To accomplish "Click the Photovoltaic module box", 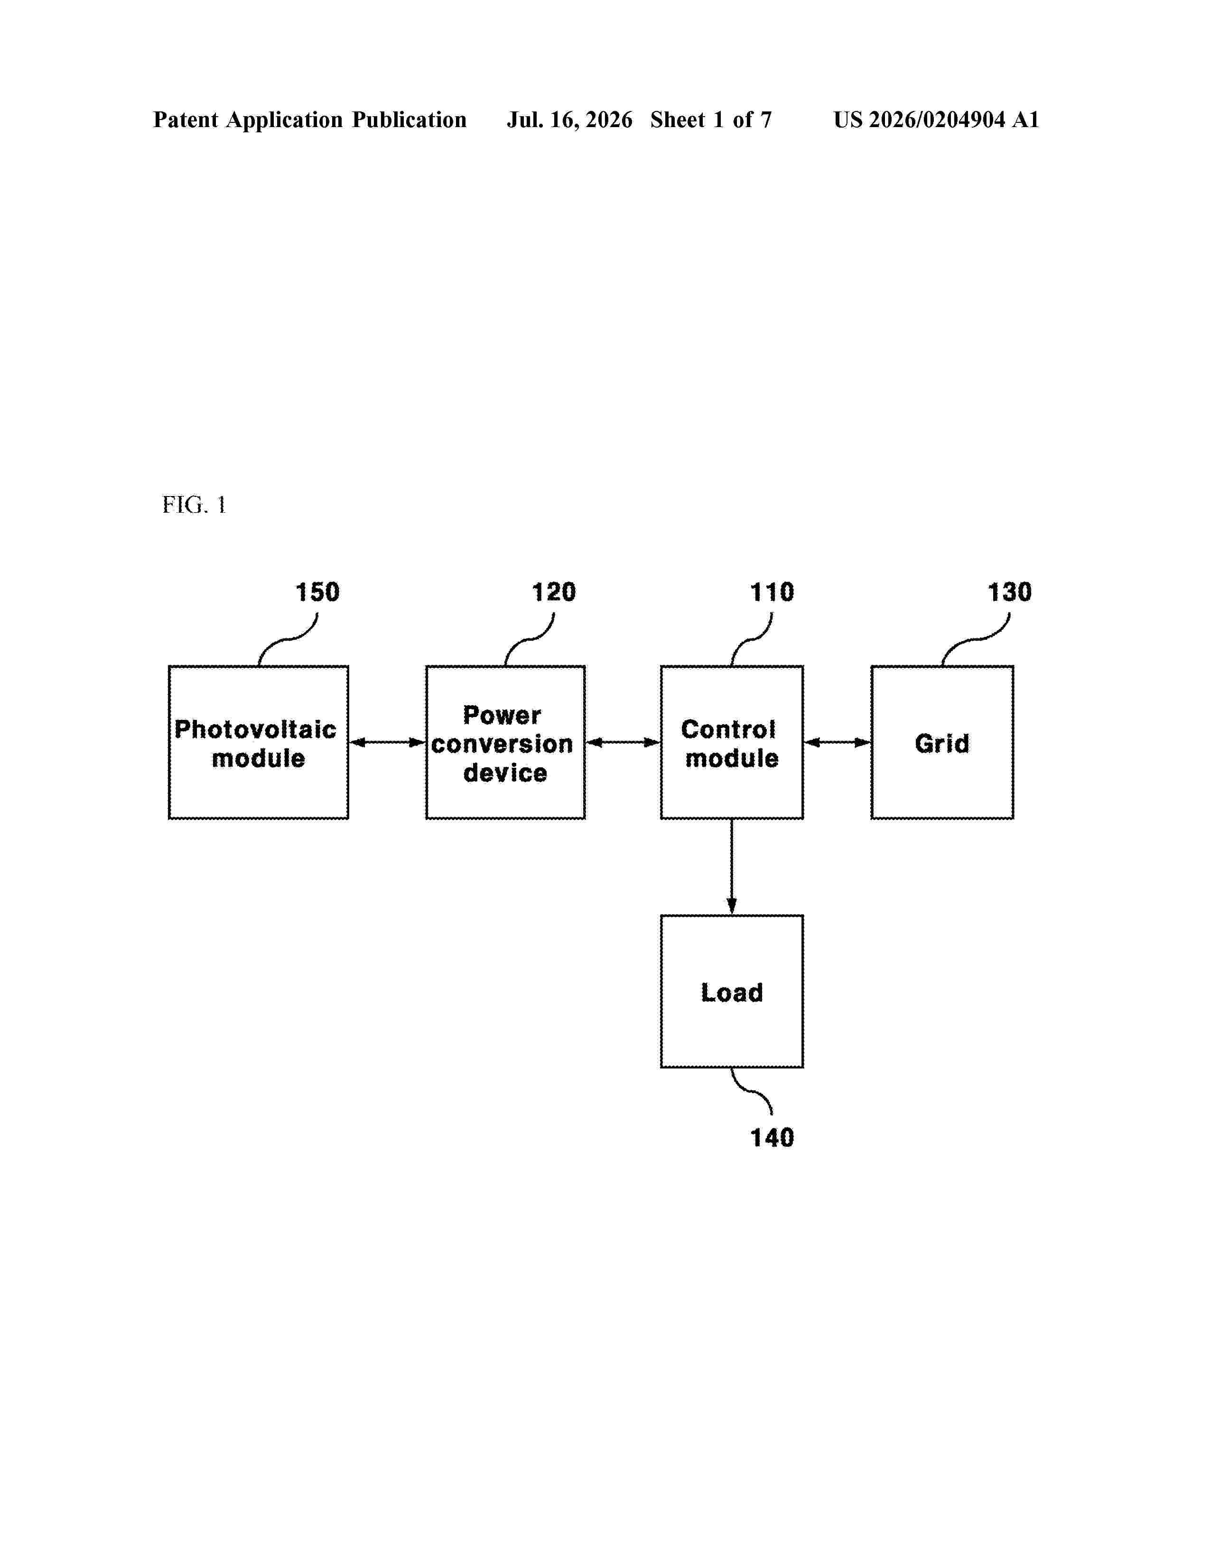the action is pos(258,742).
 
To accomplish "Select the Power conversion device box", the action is pos(505,742).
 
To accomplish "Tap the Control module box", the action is pos(731,742).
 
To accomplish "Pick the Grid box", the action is pos(942,742).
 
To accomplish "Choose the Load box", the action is pos(731,991).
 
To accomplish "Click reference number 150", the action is pos(317,592).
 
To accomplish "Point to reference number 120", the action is pos(553,592).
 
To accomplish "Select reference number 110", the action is pos(772,592).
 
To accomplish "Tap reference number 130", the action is pos(1009,592).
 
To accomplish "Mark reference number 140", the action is pos(772,1137).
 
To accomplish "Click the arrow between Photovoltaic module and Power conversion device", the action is pos(388,742).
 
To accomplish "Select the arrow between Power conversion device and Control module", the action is pos(623,742).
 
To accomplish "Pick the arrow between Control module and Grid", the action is pos(837,742).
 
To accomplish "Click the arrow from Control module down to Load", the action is pos(731,866).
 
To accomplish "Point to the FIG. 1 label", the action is pos(194,505).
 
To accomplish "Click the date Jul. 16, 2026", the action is pos(570,120).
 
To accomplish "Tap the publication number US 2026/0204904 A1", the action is pos(936,120).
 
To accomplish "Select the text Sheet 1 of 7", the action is pos(711,120).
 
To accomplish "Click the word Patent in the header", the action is pos(186,120).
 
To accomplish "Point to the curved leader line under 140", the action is pos(751,1091).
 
